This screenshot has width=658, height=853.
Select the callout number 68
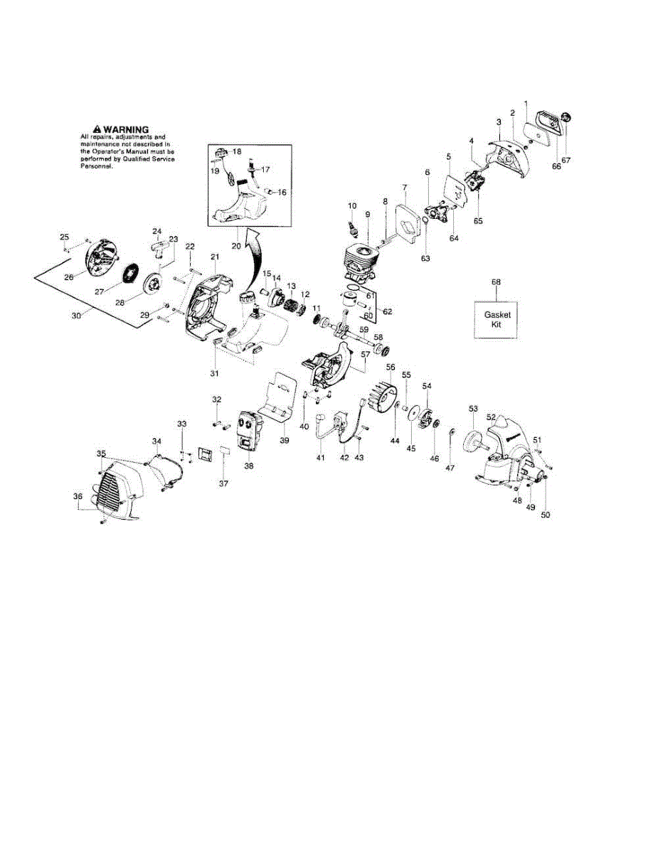coord(497,282)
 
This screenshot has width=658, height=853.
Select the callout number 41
coord(321,458)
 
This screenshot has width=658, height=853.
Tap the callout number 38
coord(249,466)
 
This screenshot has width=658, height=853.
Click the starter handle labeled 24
coord(162,246)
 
